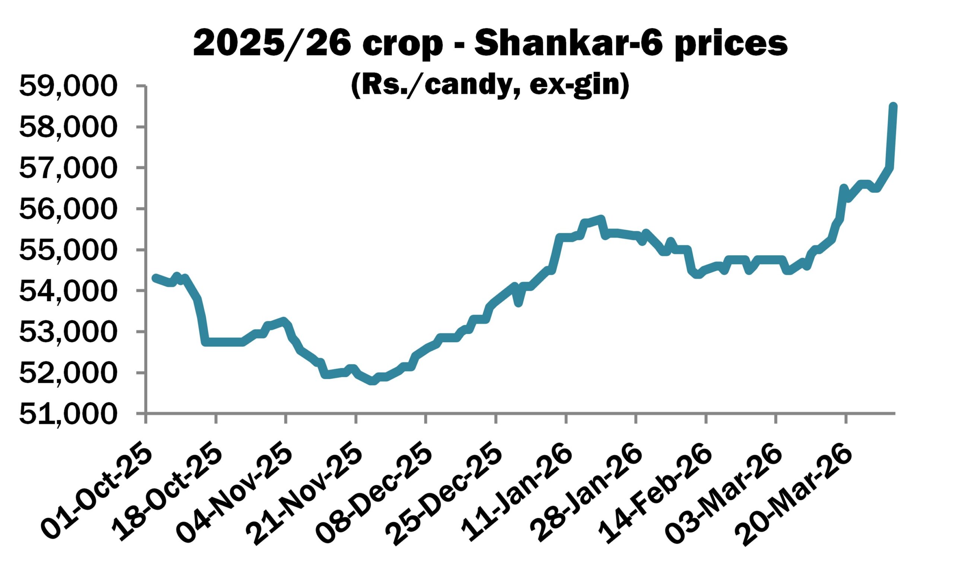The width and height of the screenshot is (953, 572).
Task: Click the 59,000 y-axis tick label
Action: click(67, 86)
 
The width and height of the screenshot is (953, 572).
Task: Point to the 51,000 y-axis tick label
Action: click(67, 415)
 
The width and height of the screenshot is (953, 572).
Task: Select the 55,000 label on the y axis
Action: click(67, 251)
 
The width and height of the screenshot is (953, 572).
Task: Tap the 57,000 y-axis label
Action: click(67, 168)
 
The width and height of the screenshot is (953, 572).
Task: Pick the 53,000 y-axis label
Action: click(67, 333)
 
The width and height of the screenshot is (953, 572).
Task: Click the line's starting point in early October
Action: click(155, 277)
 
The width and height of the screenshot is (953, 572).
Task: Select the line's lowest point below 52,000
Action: click(372, 381)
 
